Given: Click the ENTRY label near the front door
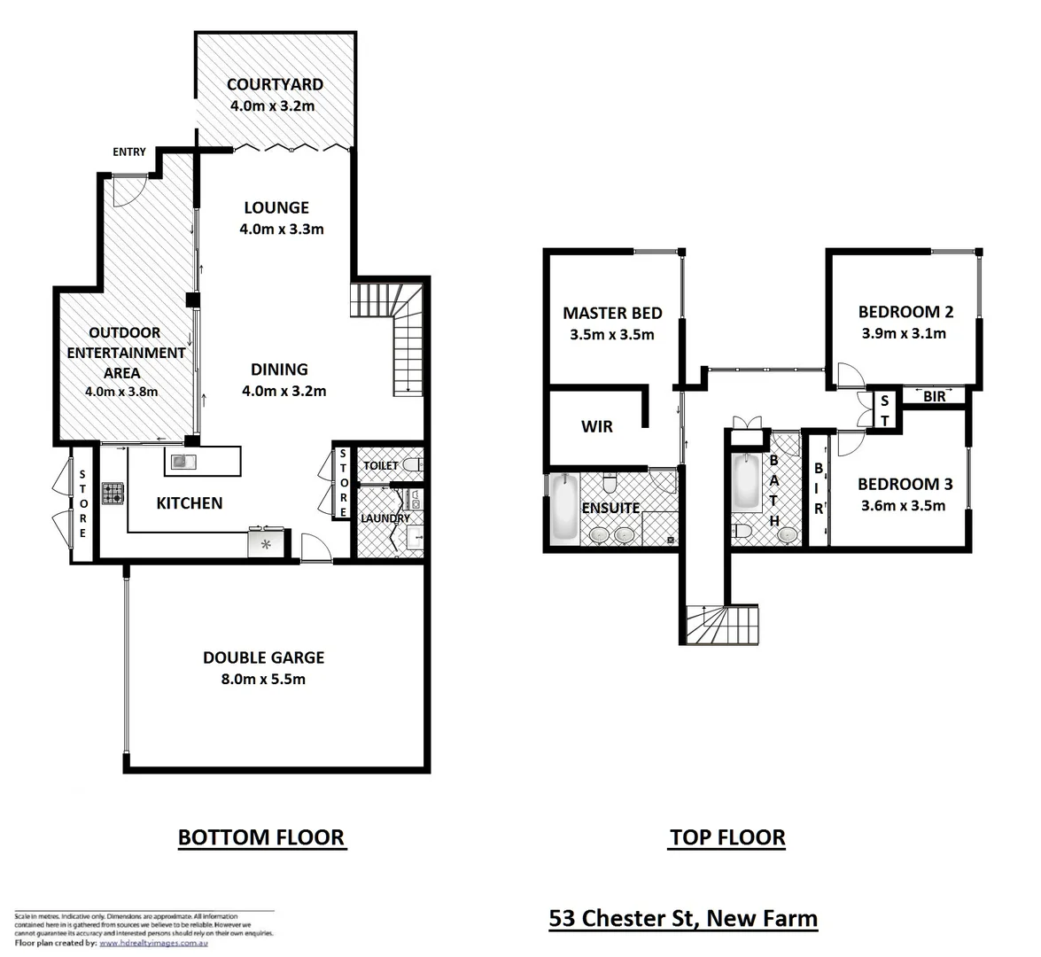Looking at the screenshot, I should tap(128, 152).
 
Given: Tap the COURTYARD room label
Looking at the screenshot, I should tap(275, 85).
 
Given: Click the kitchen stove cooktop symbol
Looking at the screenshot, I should tap(113, 493).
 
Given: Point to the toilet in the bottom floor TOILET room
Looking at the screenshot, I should tap(411, 464).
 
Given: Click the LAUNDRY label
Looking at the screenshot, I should tap(385, 518).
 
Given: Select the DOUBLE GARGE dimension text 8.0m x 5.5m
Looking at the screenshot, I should tap(263, 679).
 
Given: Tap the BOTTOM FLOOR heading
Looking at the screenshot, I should tap(260, 837).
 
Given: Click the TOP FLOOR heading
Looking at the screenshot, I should tap(726, 837).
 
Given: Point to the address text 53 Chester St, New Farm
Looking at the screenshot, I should tap(682, 918).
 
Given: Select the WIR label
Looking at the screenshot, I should tap(596, 426).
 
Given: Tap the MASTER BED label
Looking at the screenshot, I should tap(612, 313).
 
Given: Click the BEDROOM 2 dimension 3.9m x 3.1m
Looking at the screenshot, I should tap(904, 334).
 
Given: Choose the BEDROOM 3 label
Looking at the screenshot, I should tap(905, 484).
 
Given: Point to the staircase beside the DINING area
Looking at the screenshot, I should tap(390, 337).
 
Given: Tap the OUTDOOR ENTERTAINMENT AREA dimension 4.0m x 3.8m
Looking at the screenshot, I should tap(121, 392).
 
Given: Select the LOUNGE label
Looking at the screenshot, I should tap(276, 207).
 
